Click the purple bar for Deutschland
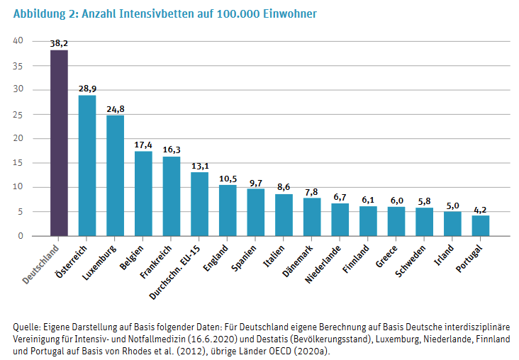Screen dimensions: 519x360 [59, 143]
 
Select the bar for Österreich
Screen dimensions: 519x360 [87, 166]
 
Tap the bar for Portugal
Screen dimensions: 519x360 [481, 225]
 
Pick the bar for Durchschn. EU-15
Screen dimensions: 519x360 [200, 204]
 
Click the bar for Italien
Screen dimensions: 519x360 [284, 215]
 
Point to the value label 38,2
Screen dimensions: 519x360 [59, 44]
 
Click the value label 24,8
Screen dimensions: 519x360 [115, 109]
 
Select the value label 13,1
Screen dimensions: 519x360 [200, 166]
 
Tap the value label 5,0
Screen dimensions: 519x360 [452, 206]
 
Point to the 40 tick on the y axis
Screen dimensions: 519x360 [18, 40]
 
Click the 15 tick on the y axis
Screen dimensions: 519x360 [18, 163]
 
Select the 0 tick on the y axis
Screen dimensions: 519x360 [21, 236]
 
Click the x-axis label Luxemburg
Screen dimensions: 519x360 [99, 263]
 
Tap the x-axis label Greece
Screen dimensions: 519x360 [386, 256]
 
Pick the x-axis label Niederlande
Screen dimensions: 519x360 [323, 264]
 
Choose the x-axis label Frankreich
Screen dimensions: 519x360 [156, 261]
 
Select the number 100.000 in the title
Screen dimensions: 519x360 [238, 14]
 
